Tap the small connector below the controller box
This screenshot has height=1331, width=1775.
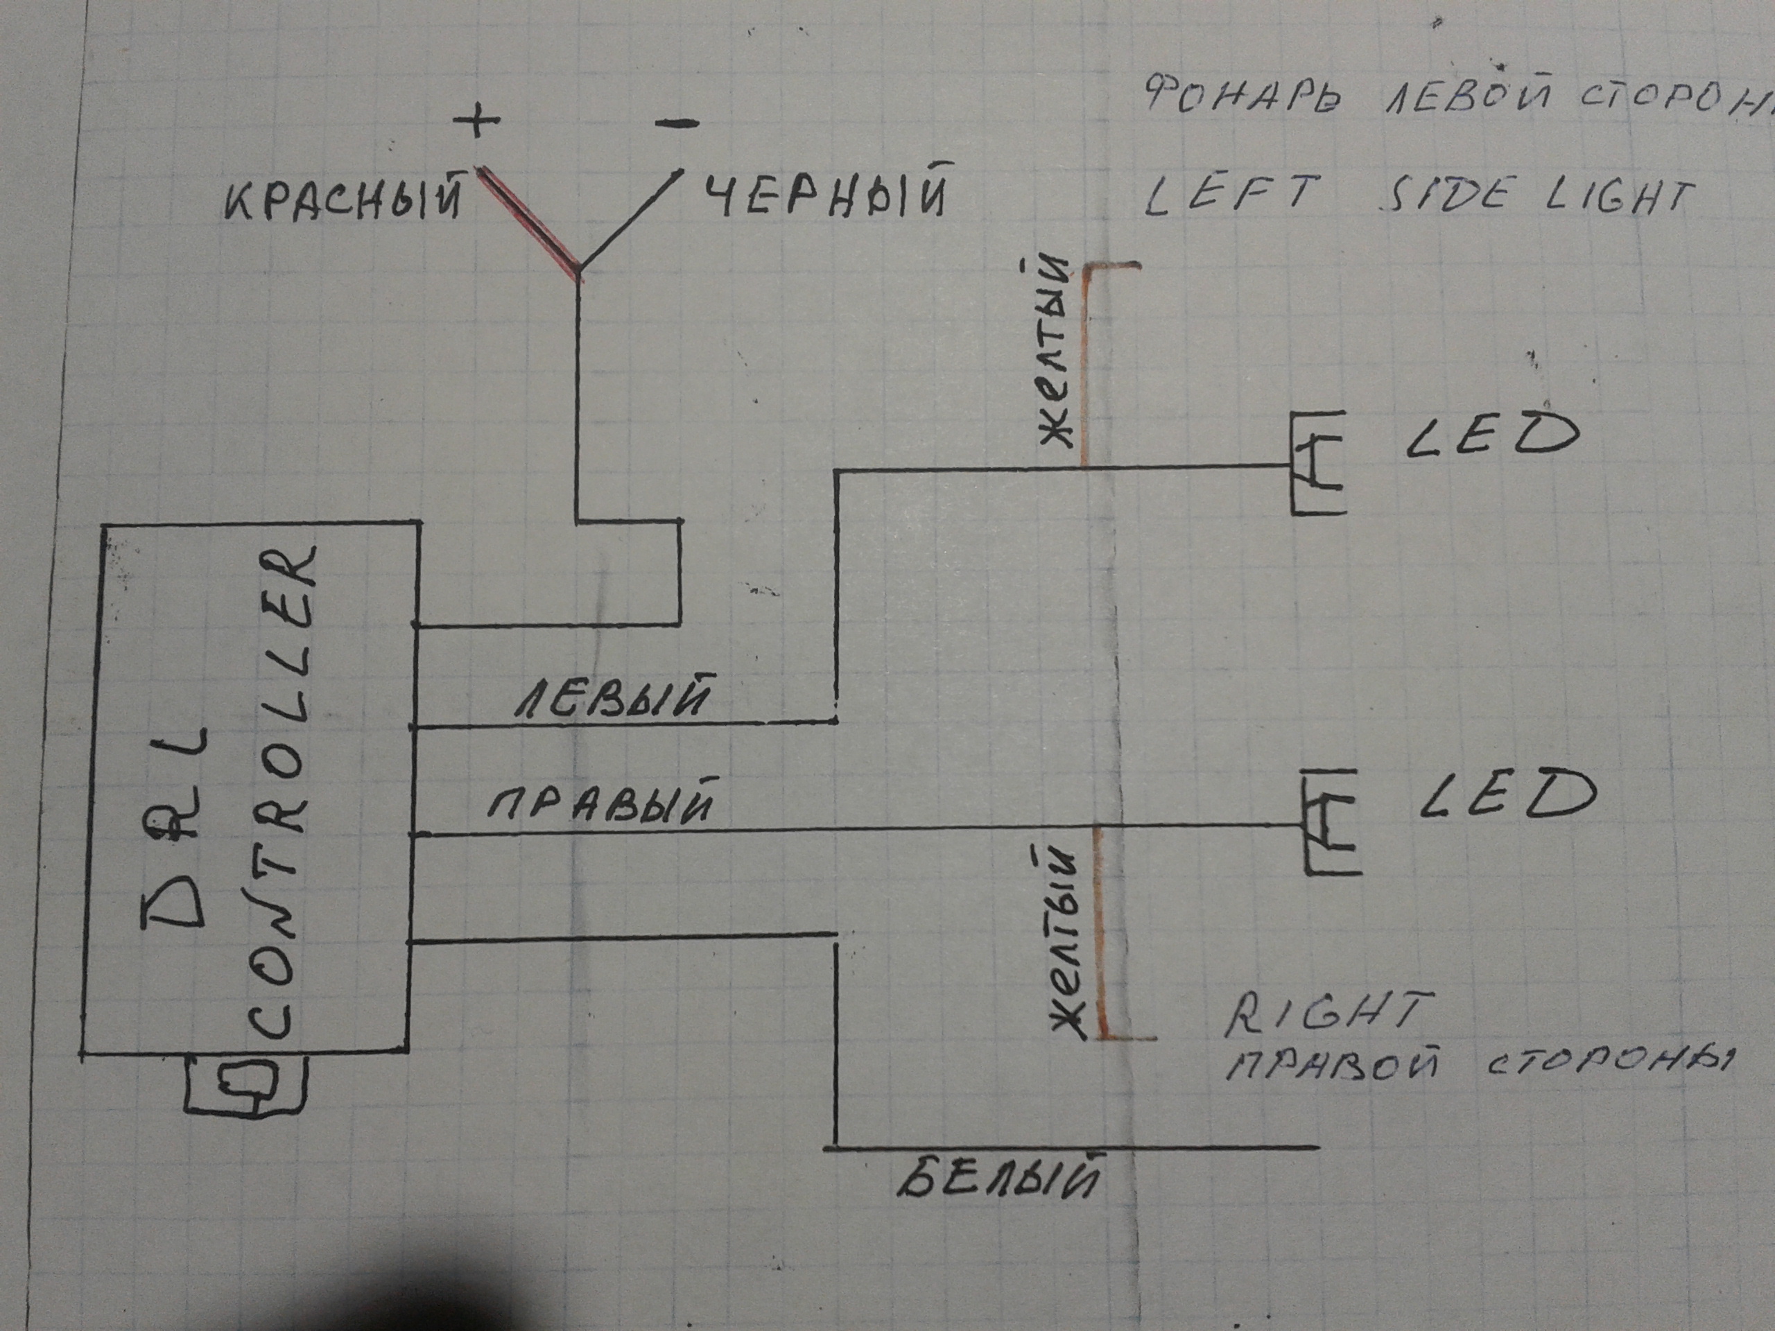(x=246, y=1083)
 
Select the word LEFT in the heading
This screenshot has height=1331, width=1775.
(x=1231, y=195)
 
